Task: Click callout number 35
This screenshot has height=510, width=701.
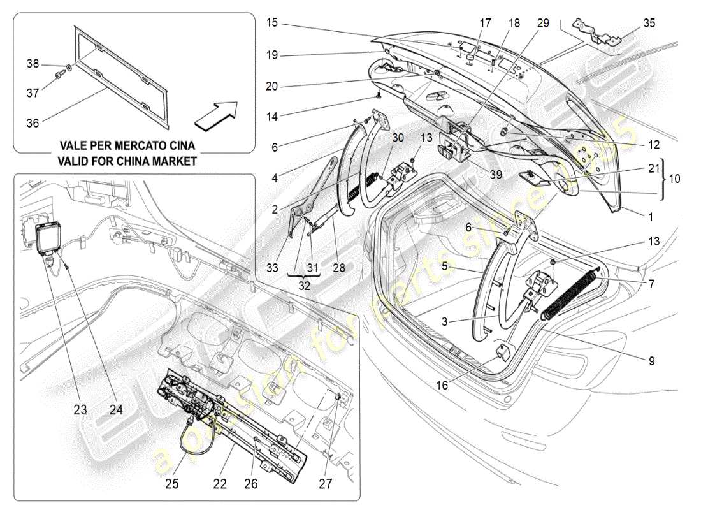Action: (649, 23)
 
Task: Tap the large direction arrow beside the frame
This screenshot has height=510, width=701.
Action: (216, 113)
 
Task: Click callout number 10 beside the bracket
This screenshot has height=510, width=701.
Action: (674, 179)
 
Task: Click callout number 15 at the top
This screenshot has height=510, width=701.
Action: (272, 23)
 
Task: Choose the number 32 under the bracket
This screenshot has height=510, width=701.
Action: (304, 286)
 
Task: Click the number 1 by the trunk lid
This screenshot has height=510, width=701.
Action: (650, 217)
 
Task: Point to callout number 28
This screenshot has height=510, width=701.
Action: (339, 268)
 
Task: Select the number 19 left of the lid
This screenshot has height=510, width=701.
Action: (272, 55)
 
